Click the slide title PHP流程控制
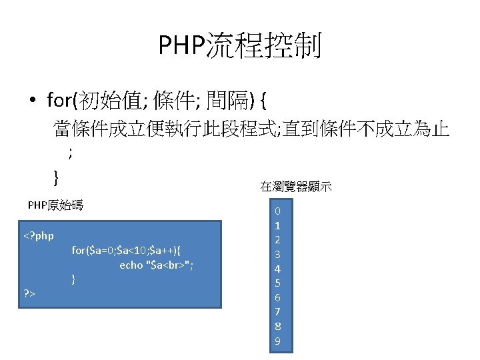point(240,46)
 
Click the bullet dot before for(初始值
point(32,101)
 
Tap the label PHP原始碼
point(55,205)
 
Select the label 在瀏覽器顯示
point(296,187)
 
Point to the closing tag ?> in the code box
point(29,293)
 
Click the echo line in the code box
point(156,265)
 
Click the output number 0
point(278,211)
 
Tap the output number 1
point(278,225)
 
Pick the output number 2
point(278,240)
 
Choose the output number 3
point(278,254)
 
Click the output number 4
point(278,269)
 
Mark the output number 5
point(278,283)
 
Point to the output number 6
point(278,297)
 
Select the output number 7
point(278,312)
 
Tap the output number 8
point(278,327)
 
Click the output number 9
point(278,341)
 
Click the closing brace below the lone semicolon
point(56,177)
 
